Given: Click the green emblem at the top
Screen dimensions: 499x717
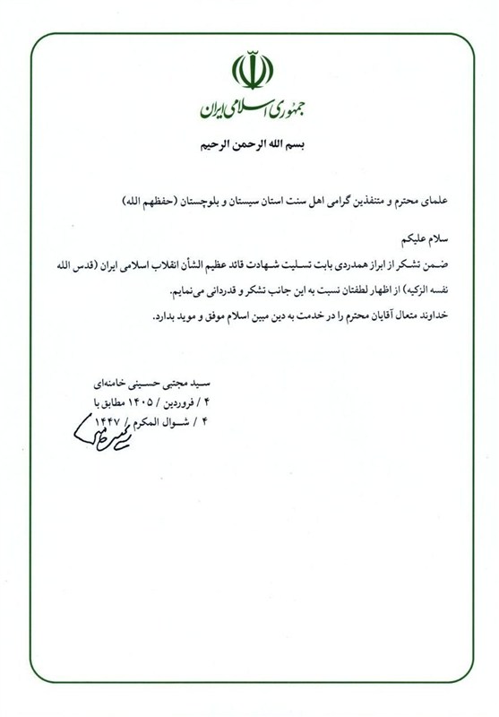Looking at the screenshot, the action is pyautogui.click(x=248, y=72).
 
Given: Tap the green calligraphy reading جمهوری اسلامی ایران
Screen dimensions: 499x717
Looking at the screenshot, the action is pyautogui.click(x=248, y=110).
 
